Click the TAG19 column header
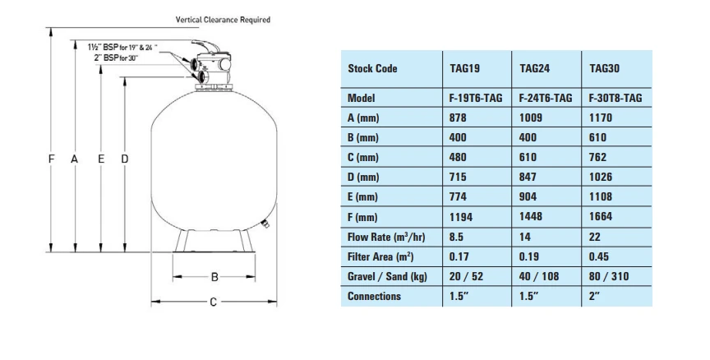coord(464,68)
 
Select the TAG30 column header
coord(604,68)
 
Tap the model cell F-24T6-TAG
coord(545,98)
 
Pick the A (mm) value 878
coord(458,118)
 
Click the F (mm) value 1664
coord(601,216)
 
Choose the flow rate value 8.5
coord(456,237)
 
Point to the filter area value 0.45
coord(598,256)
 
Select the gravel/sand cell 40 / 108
coord(539,276)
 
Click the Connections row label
coord(374,296)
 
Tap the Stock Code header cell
coord(372,68)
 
